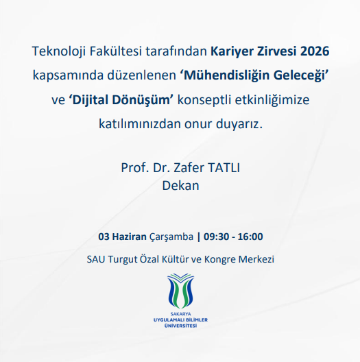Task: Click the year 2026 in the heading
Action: click(315, 51)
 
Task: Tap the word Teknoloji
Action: click(59, 51)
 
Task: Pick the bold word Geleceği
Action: click(300, 75)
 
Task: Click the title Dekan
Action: click(180, 186)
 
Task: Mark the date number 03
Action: click(104, 237)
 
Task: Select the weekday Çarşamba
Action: click(171, 237)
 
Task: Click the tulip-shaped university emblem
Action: click(180, 291)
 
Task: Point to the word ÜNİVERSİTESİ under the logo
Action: click(180, 326)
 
